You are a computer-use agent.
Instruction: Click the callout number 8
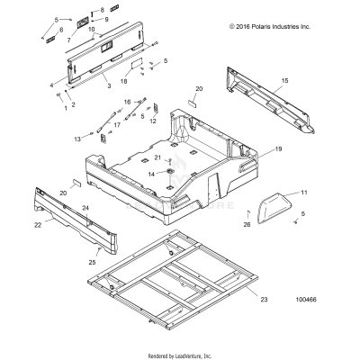click(102, 8)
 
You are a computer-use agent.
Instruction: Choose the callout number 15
click(284, 81)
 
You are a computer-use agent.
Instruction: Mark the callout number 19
click(278, 148)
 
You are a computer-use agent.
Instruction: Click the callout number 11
click(303, 193)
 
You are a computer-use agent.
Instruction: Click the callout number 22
click(39, 225)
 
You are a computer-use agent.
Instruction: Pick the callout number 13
click(77, 139)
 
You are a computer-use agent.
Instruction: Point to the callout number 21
click(157, 157)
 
